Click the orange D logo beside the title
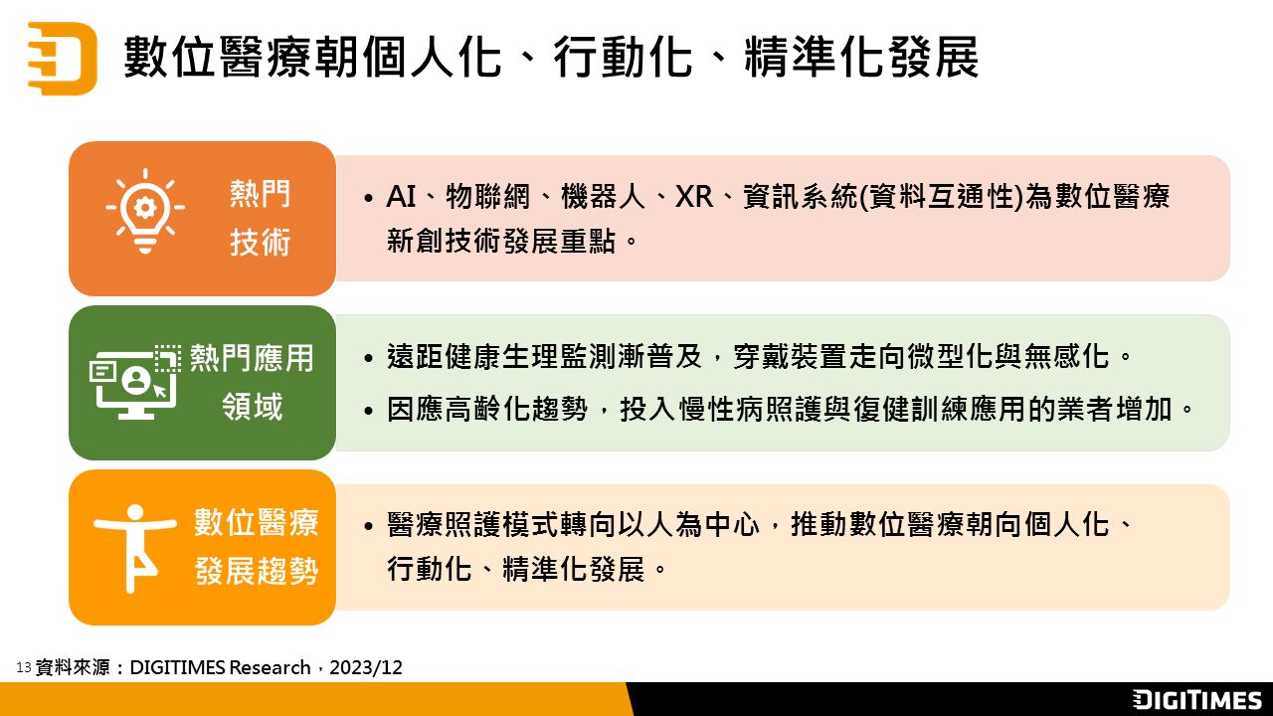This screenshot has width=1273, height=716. tap(63, 58)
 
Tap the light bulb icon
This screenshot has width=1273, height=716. tap(145, 211)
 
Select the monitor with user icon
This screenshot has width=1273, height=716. tap(135, 381)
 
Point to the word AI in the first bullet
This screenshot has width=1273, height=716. tap(401, 197)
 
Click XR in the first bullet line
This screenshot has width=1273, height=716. tap(694, 197)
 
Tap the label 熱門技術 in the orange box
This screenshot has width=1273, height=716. tap(260, 218)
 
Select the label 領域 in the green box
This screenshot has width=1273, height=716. tap(252, 407)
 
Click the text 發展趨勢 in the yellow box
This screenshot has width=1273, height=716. tap(257, 571)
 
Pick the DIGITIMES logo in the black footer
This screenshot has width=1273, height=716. tap(1196, 699)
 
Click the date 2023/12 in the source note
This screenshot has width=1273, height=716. tap(366, 667)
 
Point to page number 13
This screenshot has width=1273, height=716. tap(23, 667)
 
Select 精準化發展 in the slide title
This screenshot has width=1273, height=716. tap(861, 57)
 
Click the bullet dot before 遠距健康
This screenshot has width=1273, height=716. tap(369, 359)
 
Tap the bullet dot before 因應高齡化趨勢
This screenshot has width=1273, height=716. tap(369, 411)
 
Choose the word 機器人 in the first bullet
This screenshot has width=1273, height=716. tap(603, 197)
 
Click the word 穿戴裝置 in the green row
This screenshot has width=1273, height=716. tap(790, 357)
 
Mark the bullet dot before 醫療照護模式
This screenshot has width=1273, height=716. tap(369, 526)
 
